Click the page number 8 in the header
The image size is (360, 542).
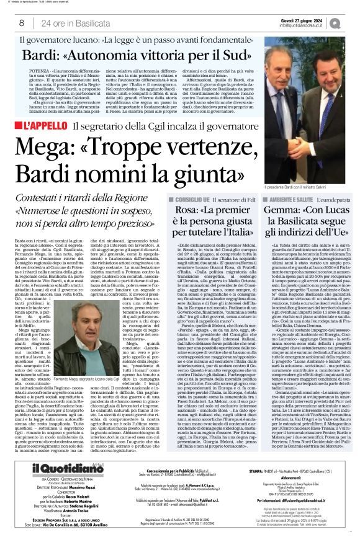pos(21,23)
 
